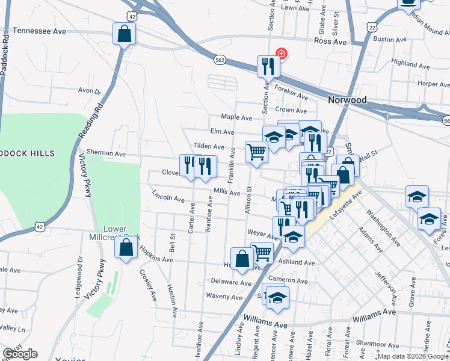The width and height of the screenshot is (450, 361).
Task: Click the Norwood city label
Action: point(348,99)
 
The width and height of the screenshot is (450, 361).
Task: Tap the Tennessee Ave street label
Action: point(39,30)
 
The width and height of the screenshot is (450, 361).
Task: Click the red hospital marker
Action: point(280,53)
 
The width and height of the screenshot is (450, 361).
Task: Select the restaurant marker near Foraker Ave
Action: point(267,66)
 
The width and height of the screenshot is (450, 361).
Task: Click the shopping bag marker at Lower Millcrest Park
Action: point(126,248)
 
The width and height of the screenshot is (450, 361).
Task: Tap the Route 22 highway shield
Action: point(373,28)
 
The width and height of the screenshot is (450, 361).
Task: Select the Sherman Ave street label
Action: point(106,153)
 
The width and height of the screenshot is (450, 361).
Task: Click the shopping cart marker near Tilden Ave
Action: point(257,152)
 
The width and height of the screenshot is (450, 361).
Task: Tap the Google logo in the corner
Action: point(20,354)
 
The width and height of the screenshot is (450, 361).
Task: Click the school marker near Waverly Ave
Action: point(277,297)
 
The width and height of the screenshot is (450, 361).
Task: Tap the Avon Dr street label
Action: point(90,91)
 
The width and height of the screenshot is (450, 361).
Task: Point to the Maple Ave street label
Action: point(236,117)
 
